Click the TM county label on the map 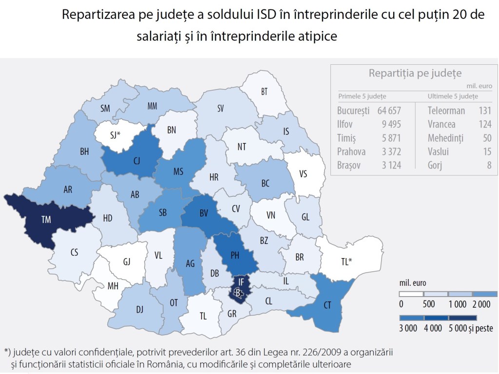tap(45, 219)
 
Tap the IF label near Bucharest tap(241, 281)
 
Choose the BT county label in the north tap(265, 92)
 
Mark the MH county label tap(113, 286)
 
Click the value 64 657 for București tap(389, 111)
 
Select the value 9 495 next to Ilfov tap(391, 124)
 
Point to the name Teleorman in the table tap(446, 111)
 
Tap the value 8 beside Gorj tap(488, 166)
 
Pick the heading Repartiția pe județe tap(415, 74)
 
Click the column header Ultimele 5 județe tap(453, 96)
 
